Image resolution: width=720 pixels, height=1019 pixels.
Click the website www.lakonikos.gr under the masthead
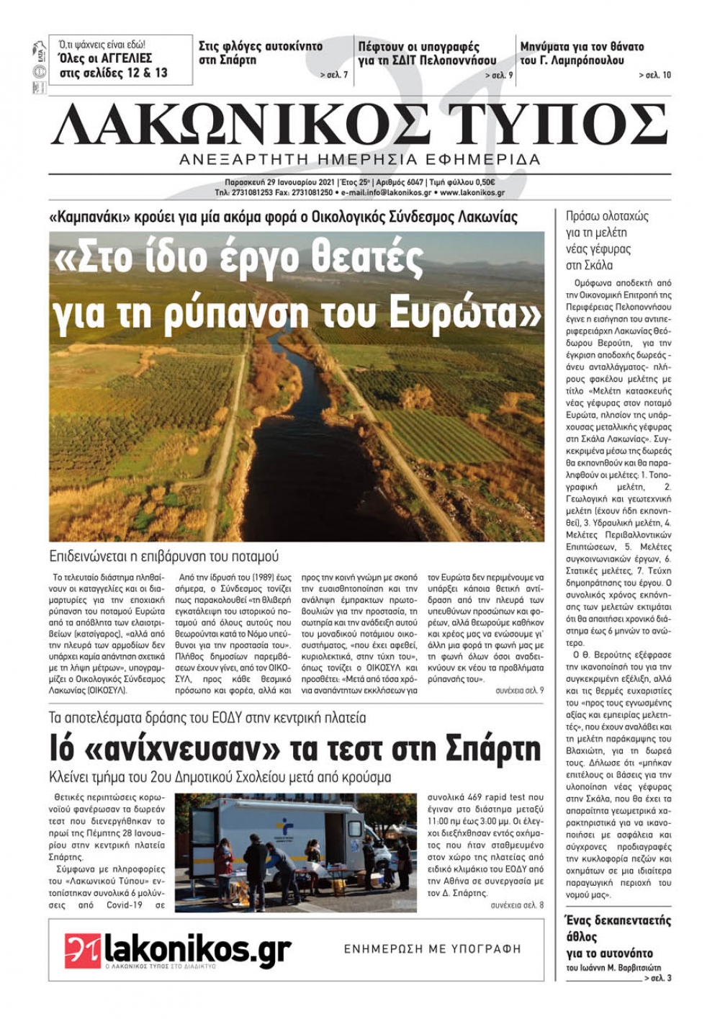[x=472, y=193]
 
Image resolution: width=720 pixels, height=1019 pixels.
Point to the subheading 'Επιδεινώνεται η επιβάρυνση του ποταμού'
[x=163, y=556]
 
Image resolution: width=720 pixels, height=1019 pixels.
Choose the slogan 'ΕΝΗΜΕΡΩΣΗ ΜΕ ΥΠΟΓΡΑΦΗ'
[x=432, y=948]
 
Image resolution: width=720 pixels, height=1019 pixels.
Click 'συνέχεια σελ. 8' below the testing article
[x=517, y=904]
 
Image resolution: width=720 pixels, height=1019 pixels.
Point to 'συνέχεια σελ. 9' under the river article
[x=519, y=690]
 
